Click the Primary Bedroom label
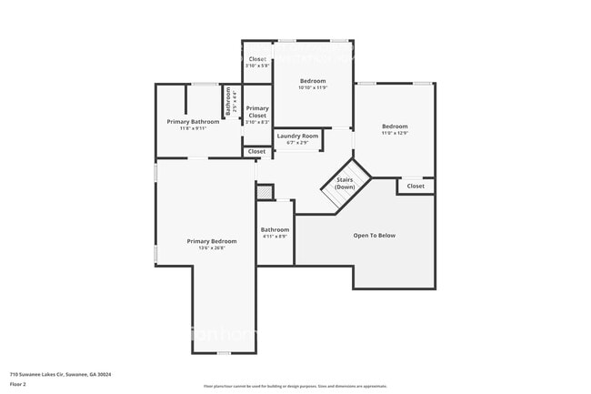coord(212,241)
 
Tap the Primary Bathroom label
coord(193,121)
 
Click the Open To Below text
coord(375,236)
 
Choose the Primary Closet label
coord(257,112)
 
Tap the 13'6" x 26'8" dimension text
coord(212,248)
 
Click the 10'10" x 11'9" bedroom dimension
coord(313,87)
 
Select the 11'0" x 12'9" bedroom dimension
coord(395,134)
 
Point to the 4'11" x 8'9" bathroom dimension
coord(275,237)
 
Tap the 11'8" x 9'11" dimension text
coord(193,128)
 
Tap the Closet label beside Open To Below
coord(416,186)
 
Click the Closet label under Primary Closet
coord(257,151)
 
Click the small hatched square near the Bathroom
coord(264,192)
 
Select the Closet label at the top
coord(257,59)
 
